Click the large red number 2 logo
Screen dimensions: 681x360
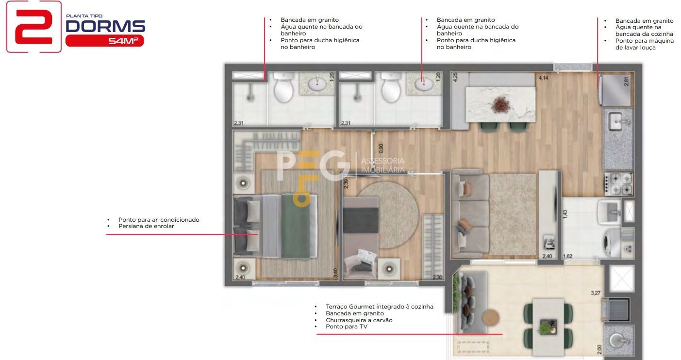34,27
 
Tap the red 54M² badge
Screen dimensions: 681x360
104,41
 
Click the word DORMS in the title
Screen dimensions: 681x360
105,26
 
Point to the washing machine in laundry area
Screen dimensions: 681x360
612,242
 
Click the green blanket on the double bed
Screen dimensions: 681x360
296,226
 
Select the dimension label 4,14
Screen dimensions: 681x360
543,78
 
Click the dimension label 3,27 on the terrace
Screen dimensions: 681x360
596,293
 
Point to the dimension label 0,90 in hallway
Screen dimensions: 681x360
381,148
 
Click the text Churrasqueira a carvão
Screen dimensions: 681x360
359,320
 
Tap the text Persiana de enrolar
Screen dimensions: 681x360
146,226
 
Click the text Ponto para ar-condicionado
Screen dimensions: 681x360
159,219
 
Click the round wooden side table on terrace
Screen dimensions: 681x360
491,317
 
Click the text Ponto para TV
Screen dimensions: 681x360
347,327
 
